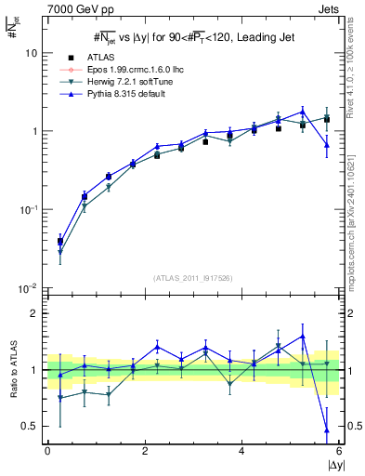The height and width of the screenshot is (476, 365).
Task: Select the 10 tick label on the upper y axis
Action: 31,53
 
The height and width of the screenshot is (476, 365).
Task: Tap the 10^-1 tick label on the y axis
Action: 28,209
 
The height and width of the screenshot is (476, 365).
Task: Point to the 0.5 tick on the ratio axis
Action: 29,426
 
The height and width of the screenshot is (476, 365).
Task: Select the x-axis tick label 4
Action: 241,451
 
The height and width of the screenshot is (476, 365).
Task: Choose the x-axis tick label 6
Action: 339,451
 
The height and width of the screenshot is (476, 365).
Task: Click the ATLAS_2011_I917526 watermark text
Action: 193,278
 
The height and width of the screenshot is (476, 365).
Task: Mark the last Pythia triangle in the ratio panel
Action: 327,430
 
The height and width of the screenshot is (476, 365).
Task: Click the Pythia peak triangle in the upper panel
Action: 303,111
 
